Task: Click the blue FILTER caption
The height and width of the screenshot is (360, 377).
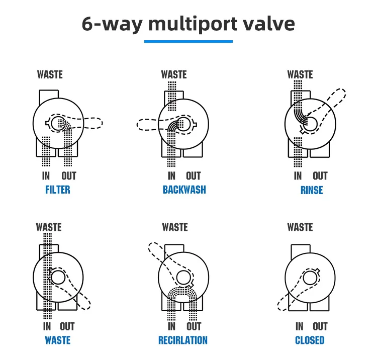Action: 58,190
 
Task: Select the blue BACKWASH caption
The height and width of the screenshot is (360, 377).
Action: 184,190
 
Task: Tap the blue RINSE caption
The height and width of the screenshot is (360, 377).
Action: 312,190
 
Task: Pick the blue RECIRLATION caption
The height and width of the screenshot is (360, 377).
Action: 183,340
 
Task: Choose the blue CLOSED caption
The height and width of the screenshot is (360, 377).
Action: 310,340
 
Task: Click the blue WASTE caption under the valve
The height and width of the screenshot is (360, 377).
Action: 58,340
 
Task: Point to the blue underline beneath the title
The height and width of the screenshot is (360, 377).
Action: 189,41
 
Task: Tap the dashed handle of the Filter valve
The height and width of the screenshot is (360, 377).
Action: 92,123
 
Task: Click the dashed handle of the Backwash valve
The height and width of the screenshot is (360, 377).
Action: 147,125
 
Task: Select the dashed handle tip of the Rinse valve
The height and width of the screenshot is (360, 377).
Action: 340,93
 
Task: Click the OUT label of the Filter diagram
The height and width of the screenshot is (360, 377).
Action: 69,176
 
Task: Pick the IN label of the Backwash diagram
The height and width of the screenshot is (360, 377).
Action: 171,176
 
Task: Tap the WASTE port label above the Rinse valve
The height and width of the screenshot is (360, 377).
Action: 300,74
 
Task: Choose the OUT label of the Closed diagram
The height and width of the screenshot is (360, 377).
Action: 320,326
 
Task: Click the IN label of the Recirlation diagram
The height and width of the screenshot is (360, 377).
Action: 171,326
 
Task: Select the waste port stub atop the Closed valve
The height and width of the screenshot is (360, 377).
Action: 301,251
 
